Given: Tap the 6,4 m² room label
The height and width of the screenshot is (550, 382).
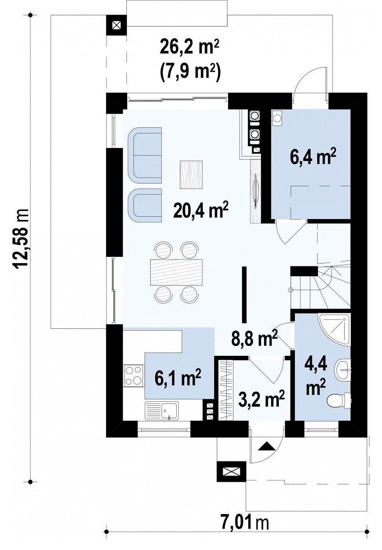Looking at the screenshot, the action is click(x=309, y=157).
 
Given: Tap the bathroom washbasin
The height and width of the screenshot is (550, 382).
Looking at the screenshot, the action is click(x=343, y=370).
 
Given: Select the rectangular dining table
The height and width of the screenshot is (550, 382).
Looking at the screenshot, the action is click(x=176, y=272).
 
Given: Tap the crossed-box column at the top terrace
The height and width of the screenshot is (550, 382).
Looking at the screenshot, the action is click(x=117, y=25).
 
